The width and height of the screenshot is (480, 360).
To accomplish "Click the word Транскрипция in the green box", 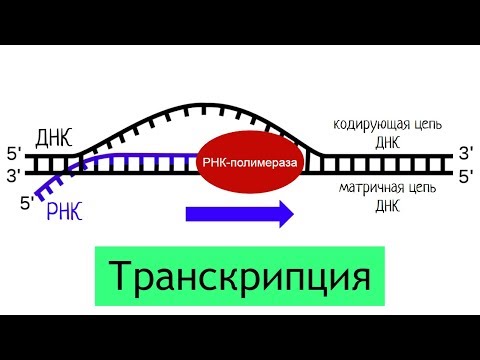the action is pos(240,273).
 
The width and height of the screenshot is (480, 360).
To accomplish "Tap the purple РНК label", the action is pos(67,212).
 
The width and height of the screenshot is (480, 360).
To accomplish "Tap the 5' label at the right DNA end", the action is pos(465,177).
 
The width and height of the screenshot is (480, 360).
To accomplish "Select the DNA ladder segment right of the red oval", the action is pos(380,165).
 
